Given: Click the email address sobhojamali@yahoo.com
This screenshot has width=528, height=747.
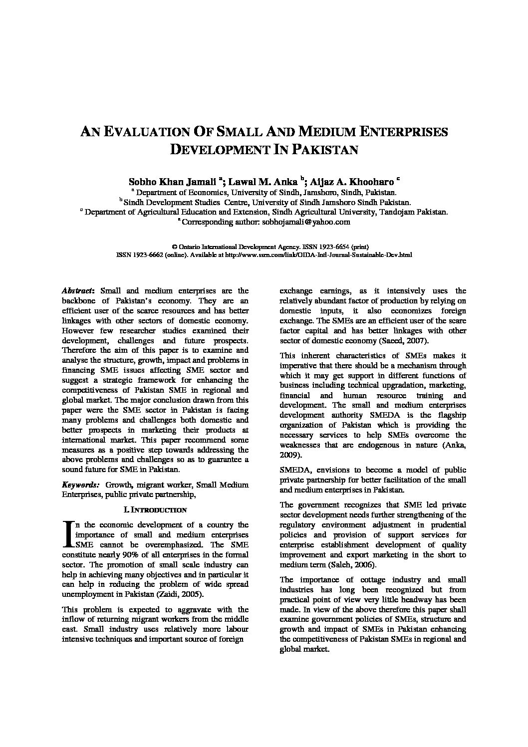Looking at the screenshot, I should click(x=304, y=222).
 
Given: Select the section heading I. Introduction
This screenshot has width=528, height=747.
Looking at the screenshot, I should click(x=155, y=510).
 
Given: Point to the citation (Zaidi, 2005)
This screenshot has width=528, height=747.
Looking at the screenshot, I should click(x=173, y=594).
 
